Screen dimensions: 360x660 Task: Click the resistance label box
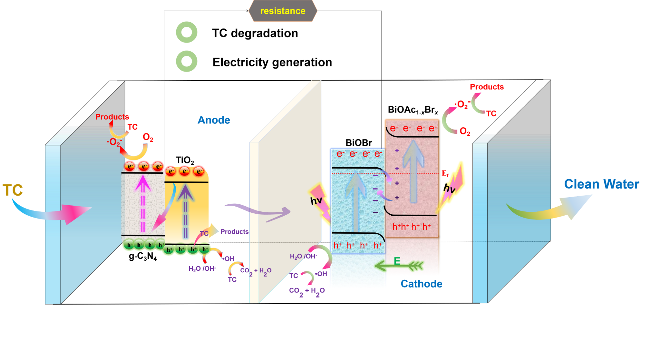point(283,11)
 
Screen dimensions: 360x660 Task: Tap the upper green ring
point(187,32)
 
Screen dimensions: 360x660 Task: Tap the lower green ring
point(187,61)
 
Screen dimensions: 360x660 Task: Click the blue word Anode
point(214,120)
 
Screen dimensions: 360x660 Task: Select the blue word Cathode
point(421,284)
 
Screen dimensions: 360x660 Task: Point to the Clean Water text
point(601,184)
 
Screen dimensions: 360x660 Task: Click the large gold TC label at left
point(13,190)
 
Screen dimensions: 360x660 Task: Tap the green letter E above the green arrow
point(397,261)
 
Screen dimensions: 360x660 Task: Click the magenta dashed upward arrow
point(143,203)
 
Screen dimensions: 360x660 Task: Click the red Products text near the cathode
point(487,87)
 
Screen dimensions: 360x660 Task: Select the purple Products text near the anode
point(234,232)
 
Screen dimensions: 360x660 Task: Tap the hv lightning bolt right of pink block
point(452,187)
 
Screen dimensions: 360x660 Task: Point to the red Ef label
point(445,173)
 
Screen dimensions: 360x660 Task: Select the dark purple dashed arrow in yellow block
point(185,209)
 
